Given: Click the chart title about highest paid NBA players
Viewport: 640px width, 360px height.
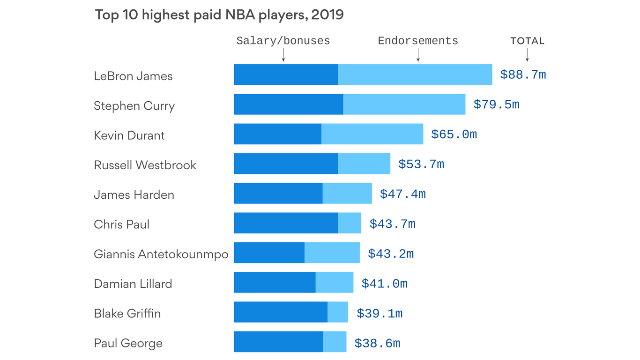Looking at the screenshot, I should pyautogui.click(x=219, y=15).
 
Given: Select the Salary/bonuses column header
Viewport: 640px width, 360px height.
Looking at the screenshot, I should pyautogui.click(x=283, y=41).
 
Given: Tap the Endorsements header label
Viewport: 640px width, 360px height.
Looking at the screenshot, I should pyautogui.click(x=418, y=41).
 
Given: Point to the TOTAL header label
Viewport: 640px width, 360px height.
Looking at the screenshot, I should pyautogui.click(x=527, y=41).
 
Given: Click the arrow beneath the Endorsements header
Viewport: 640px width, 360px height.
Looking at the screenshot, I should pyautogui.click(x=418, y=56).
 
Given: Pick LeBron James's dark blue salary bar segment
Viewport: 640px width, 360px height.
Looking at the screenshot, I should pyautogui.click(x=286, y=75).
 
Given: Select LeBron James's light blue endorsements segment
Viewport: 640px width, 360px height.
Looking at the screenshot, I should pyautogui.click(x=415, y=75).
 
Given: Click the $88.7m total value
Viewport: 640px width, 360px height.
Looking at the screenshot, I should pyautogui.click(x=523, y=75).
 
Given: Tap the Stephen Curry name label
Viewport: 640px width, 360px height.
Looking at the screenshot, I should pyautogui.click(x=134, y=106).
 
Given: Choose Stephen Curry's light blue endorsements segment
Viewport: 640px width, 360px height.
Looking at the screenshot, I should pyautogui.click(x=404, y=104).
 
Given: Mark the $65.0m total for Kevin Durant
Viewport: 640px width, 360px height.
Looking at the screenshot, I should pyautogui.click(x=454, y=135).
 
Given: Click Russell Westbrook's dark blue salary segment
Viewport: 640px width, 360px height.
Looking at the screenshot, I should pyautogui.click(x=286, y=164).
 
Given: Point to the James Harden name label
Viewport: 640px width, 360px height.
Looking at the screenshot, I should pyautogui.click(x=134, y=195).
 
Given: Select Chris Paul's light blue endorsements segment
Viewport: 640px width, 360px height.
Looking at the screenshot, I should pyautogui.click(x=350, y=223).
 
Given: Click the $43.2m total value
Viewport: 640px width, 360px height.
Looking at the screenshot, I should pyautogui.click(x=391, y=254).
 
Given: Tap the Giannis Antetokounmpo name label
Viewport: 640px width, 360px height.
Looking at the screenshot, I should pyautogui.click(x=161, y=254).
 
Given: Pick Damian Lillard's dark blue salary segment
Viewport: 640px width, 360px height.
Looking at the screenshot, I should pyautogui.click(x=275, y=282).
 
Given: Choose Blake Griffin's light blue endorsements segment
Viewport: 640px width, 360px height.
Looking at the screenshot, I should pyautogui.click(x=337, y=312).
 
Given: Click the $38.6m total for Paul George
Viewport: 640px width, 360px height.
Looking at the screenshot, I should pyautogui.click(x=377, y=344).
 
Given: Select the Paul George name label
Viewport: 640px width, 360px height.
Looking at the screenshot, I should pyautogui.click(x=128, y=343).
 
